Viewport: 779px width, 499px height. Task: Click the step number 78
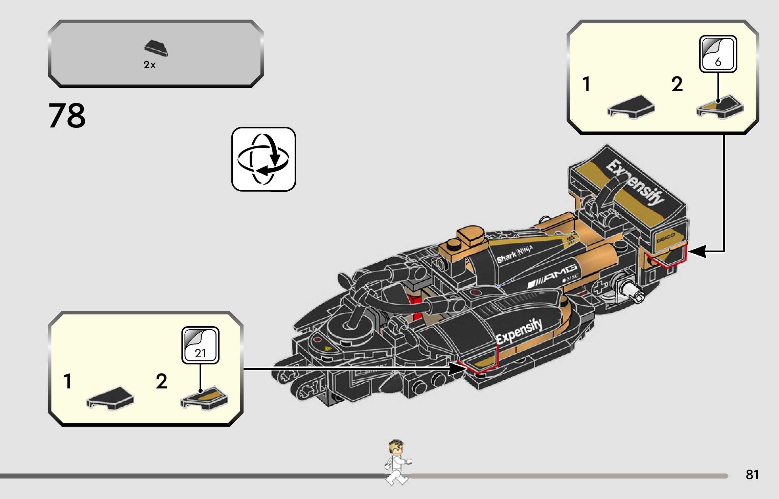coord(67,116)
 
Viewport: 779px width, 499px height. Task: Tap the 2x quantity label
coord(150,65)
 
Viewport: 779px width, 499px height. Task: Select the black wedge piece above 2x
coord(156,48)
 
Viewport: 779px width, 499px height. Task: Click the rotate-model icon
coord(264,159)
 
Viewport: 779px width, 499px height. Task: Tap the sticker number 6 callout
coord(718,54)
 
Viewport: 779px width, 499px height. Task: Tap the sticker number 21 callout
coord(200,345)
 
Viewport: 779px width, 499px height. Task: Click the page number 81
coord(752,474)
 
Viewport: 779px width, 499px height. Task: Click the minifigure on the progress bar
coord(397,462)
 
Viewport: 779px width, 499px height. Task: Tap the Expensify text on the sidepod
coord(519,332)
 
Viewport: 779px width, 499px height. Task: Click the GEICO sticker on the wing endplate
coord(665,238)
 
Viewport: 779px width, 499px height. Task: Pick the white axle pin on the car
coord(633,291)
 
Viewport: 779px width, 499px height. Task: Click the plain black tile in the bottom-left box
coord(110,398)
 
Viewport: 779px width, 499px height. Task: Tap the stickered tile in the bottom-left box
coord(204,398)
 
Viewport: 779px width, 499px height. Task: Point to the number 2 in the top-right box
coord(677,84)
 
